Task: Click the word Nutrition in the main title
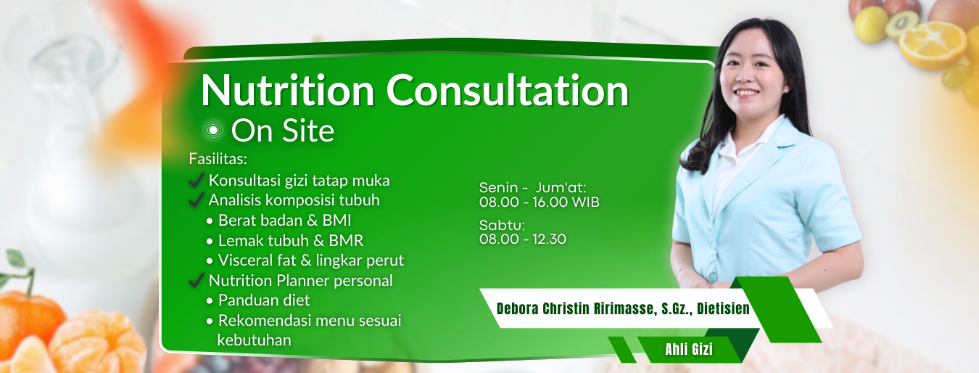pos(288,91)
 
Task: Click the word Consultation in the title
pos(508,91)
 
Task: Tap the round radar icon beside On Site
pos(213,131)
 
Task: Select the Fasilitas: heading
pos(218,158)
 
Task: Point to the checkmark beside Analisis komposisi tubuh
pos(195,200)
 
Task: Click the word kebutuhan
pos(254,340)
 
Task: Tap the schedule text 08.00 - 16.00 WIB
pos(539,202)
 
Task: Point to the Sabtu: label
pos(502,225)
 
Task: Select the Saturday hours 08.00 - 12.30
pos(523,239)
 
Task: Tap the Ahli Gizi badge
pos(688,350)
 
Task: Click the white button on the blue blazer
pos(713,276)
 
